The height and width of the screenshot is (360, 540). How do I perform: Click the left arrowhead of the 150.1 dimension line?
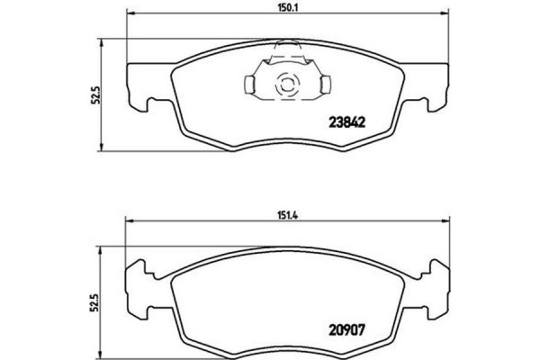(x=130, y=13)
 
